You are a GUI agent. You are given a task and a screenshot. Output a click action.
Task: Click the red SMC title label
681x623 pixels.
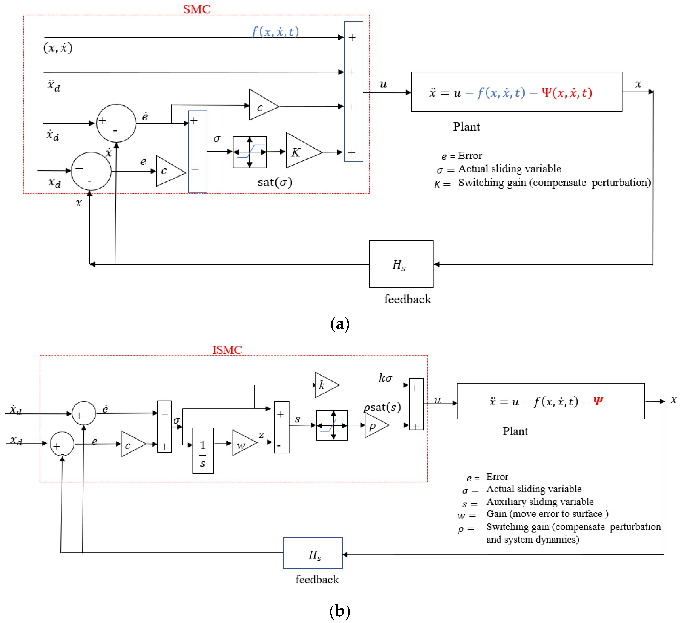coord(197,9)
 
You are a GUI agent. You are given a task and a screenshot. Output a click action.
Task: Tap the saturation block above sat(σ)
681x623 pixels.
coord(250,152)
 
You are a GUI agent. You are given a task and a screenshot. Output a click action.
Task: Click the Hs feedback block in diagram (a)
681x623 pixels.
coord(401,264)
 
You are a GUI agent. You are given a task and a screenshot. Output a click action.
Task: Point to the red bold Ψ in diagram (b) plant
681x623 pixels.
coord(598,401)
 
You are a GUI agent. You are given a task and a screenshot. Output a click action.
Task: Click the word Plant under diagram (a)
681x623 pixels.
coord(466,127)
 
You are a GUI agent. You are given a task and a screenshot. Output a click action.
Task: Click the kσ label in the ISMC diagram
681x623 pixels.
coord(385,378)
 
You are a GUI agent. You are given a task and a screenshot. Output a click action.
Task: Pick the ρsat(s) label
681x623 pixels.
coord(382,407)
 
